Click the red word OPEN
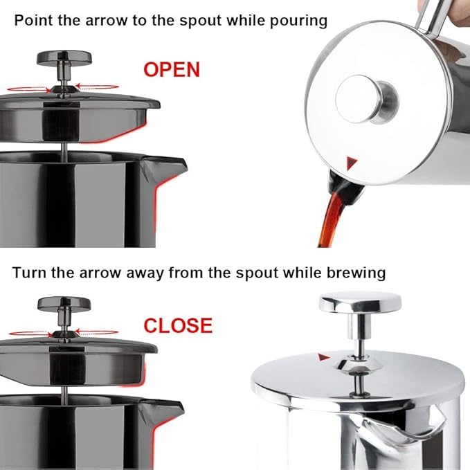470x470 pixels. pyautogui.click(x=171, y=69)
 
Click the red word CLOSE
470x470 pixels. pyautogui.click(x=177, y=325)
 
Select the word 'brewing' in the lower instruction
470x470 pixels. pyautogui.click(x=352, y=272)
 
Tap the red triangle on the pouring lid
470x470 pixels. pyautogui.click(x=352, y=163)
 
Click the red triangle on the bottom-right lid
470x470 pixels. pyautogui.click(x=323, y=357)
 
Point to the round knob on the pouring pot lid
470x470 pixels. pyautogui.click(x=367, y=99)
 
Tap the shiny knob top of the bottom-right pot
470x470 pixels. pyautogui.click(x=359, y=302)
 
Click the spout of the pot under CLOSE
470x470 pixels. pyautogui.click(x=169, y=409)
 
